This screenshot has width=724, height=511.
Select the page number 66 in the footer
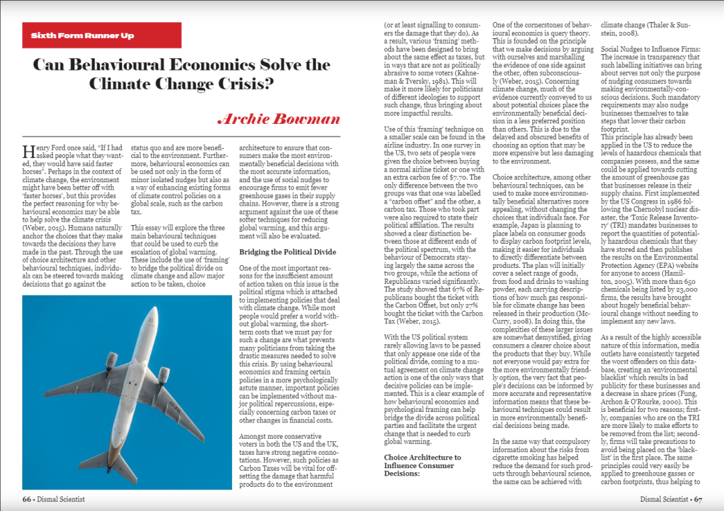click(x=27, y=499)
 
